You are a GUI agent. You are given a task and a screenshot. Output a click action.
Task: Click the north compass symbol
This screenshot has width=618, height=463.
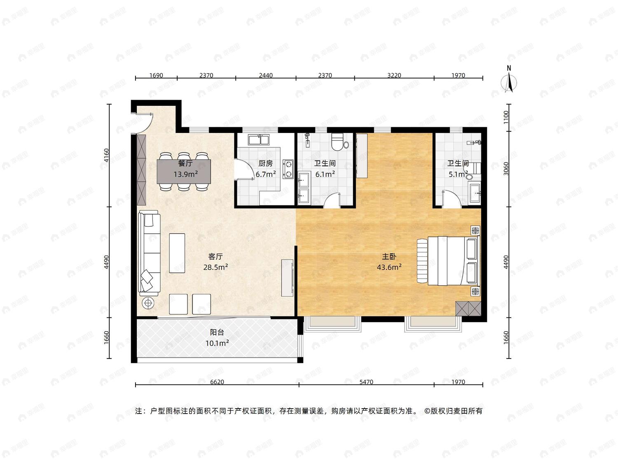point(509,82)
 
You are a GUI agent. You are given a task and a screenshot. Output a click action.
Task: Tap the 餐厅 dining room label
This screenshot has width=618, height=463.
point(185,163)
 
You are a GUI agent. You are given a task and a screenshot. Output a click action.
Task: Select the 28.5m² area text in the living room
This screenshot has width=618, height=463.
point(215,267)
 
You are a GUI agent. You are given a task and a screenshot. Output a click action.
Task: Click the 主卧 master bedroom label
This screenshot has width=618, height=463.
point(389,256)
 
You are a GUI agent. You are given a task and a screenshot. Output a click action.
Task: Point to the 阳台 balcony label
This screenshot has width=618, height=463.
point(217,332)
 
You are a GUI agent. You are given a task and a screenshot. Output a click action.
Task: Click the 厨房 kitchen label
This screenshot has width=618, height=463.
point(265,163)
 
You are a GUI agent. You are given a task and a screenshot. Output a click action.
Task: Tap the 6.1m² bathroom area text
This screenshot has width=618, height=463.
point(325,174)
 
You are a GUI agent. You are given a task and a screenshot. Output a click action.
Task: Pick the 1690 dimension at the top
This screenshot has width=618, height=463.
point(156,75)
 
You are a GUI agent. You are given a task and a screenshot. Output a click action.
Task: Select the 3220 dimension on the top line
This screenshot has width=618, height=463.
point(394,75)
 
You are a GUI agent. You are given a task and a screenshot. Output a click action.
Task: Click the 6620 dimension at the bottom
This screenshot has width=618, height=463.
point(217,382)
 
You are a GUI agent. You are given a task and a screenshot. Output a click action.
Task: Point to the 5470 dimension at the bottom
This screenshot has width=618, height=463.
point(366,382)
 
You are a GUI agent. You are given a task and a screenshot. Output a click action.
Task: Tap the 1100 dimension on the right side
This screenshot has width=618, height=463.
point(506,117)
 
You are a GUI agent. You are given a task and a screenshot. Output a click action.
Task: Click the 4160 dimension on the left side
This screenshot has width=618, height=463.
point(106,156)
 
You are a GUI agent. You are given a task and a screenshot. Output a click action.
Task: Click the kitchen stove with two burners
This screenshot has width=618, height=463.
point(288,169)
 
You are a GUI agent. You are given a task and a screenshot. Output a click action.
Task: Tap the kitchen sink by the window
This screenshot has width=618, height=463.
point(258,140)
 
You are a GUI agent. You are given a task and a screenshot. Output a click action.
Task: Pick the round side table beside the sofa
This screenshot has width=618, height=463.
point(148,303)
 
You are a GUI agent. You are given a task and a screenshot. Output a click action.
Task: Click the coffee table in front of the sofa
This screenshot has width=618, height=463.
point(177,253)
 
